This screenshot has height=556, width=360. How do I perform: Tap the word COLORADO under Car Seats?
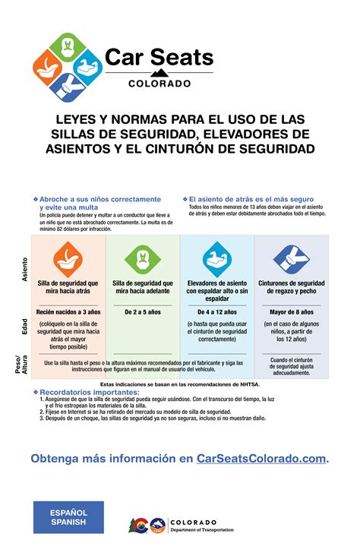[x=159, y=83]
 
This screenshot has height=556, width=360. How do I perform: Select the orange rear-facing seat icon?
[x=67, y=259]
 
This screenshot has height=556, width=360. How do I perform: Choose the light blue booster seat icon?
[x=216, y=259]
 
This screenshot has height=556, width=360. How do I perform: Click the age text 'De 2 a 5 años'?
[x=142, y=312]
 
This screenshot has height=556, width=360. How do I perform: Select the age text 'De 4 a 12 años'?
[x=216, y=312]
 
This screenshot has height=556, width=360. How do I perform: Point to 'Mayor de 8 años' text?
[x=290, y=312]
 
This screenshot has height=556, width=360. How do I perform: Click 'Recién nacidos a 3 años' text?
[x=68, y=312]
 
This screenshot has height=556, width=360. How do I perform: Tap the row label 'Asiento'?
[x=24, y=270]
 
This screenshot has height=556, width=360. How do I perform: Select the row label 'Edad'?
[x=24, y=327]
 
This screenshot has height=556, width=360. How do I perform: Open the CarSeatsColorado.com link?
[x=261, y=458]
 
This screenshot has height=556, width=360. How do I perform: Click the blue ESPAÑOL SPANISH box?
[x=68, y=517]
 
